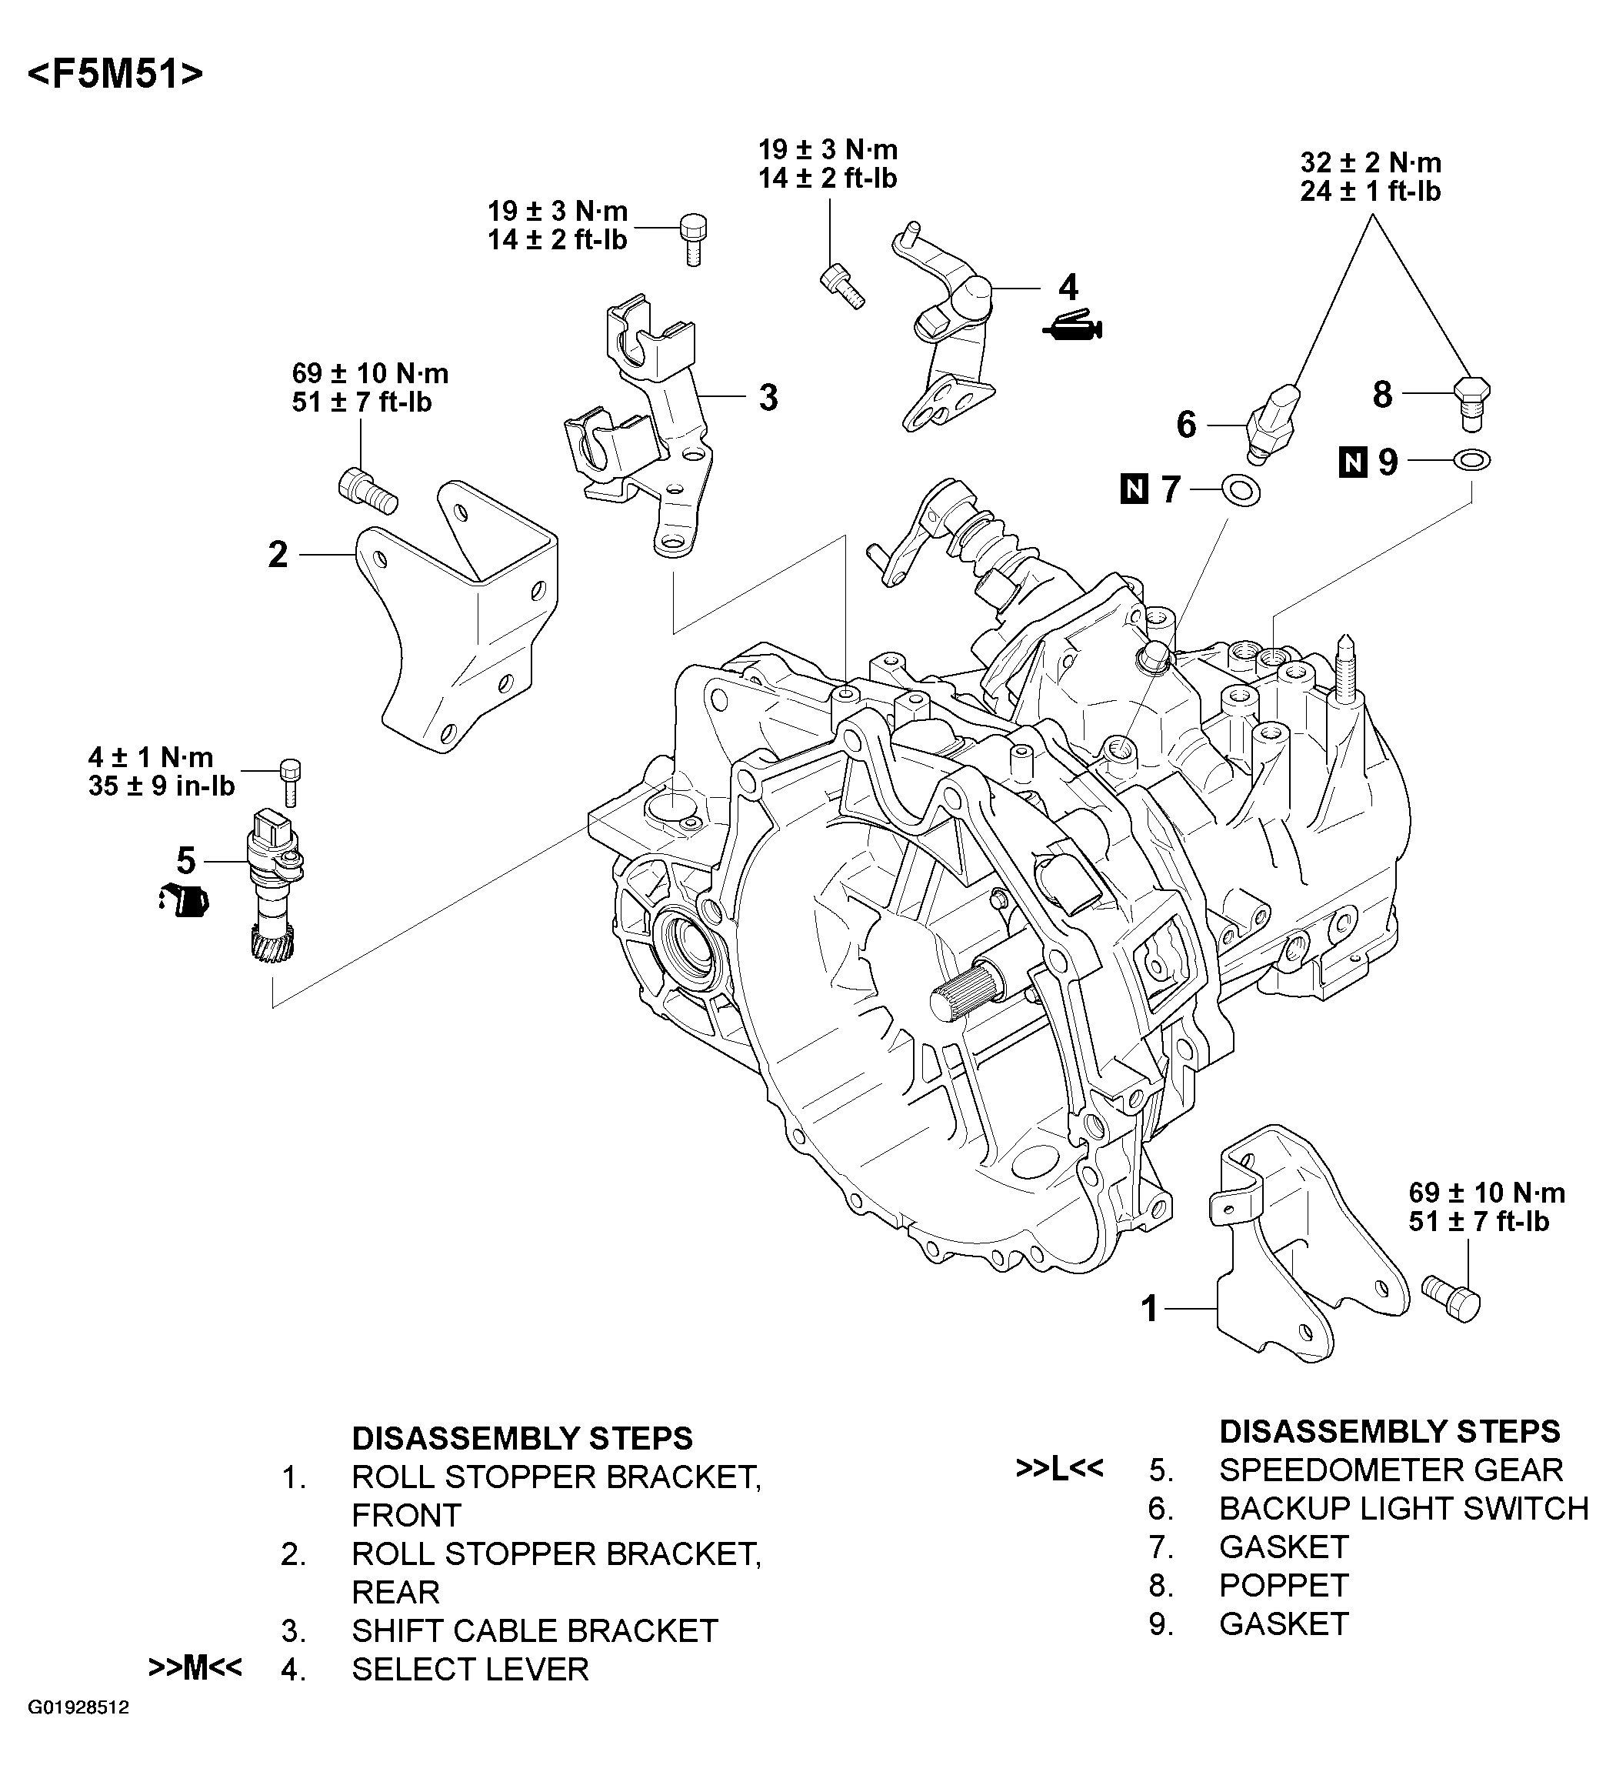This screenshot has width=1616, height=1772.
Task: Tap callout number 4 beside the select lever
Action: tap(1068, 288)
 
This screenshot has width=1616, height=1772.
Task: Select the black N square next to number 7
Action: tap(1135, 489)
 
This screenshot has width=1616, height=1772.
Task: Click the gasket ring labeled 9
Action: tap(1472, 459)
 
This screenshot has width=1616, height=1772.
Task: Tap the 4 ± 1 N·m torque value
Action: tap(150, 757)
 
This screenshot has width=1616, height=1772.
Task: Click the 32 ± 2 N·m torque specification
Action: tap(1370, 162)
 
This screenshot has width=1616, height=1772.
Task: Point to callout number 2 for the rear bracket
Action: tap(278, 555)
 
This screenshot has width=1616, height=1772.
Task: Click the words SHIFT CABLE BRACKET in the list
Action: tap(535, 1630)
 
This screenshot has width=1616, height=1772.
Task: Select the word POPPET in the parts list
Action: tap(1283, 1585)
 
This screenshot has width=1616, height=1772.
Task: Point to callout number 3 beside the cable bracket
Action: tap(768, 398)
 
